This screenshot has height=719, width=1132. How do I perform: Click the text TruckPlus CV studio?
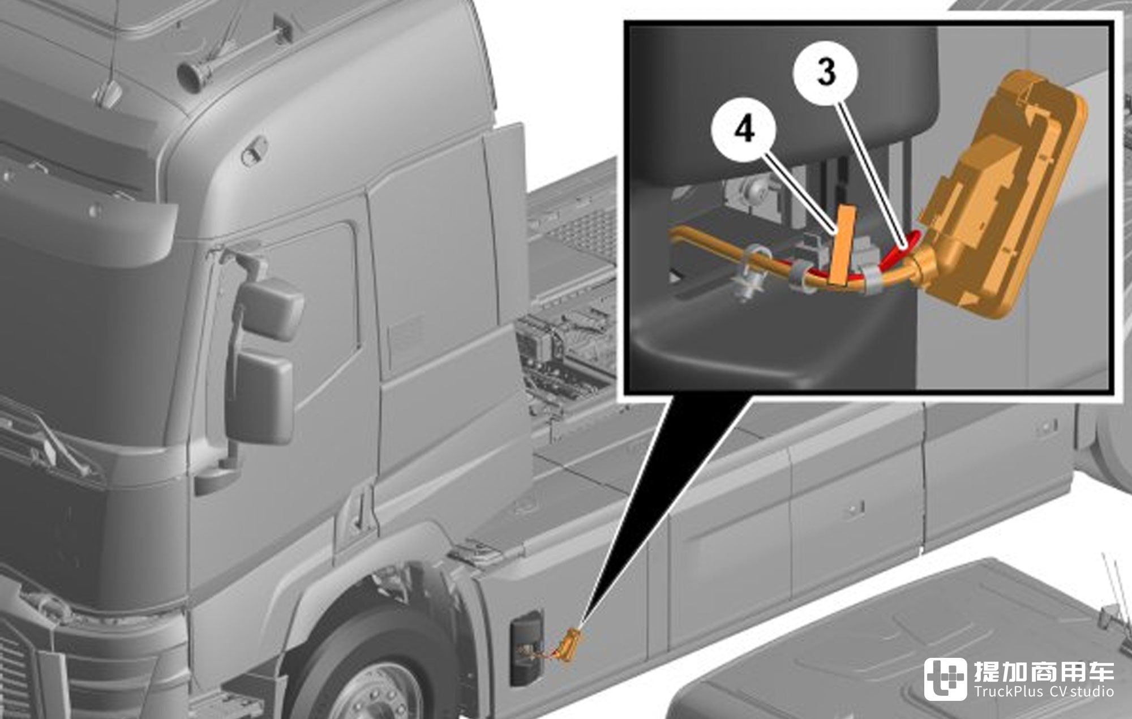pyautogui.click(x=1044, y=692)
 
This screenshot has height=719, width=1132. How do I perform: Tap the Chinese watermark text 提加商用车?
pyautogui.click(x=1044, y=670)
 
